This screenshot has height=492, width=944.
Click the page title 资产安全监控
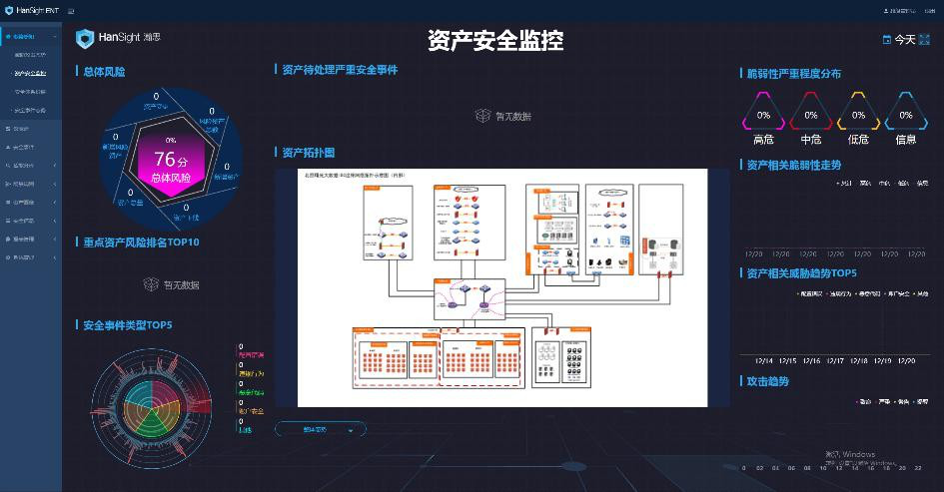[495, 40]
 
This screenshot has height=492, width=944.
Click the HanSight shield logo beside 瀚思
[85, 38]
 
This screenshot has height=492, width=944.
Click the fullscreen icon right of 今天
[926, 40]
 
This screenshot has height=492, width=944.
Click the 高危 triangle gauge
[763, 114]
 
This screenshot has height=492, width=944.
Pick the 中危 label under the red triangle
[810, 140]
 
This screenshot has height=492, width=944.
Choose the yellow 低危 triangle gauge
[858, 114]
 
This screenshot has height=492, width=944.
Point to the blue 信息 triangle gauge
[906, 114]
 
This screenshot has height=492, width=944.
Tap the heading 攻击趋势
[767, 381]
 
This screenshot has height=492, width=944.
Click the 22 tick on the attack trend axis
[918, 467]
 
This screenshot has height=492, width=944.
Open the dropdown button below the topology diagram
[320, 429]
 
